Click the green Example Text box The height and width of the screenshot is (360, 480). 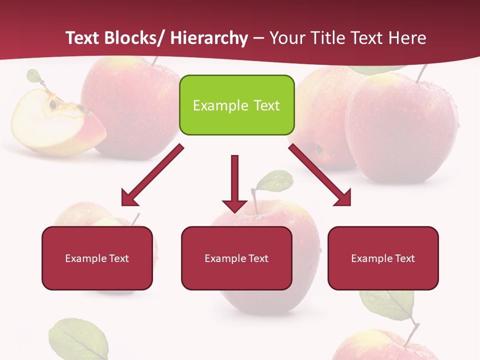click(x=236, y=105)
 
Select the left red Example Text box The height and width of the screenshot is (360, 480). click(x=97, y=258)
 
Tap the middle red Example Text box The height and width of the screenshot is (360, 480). click(x=236, y=258)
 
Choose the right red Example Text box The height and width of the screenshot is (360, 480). click(x=383, y=258)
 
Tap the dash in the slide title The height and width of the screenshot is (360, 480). click(x=258, y=38)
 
